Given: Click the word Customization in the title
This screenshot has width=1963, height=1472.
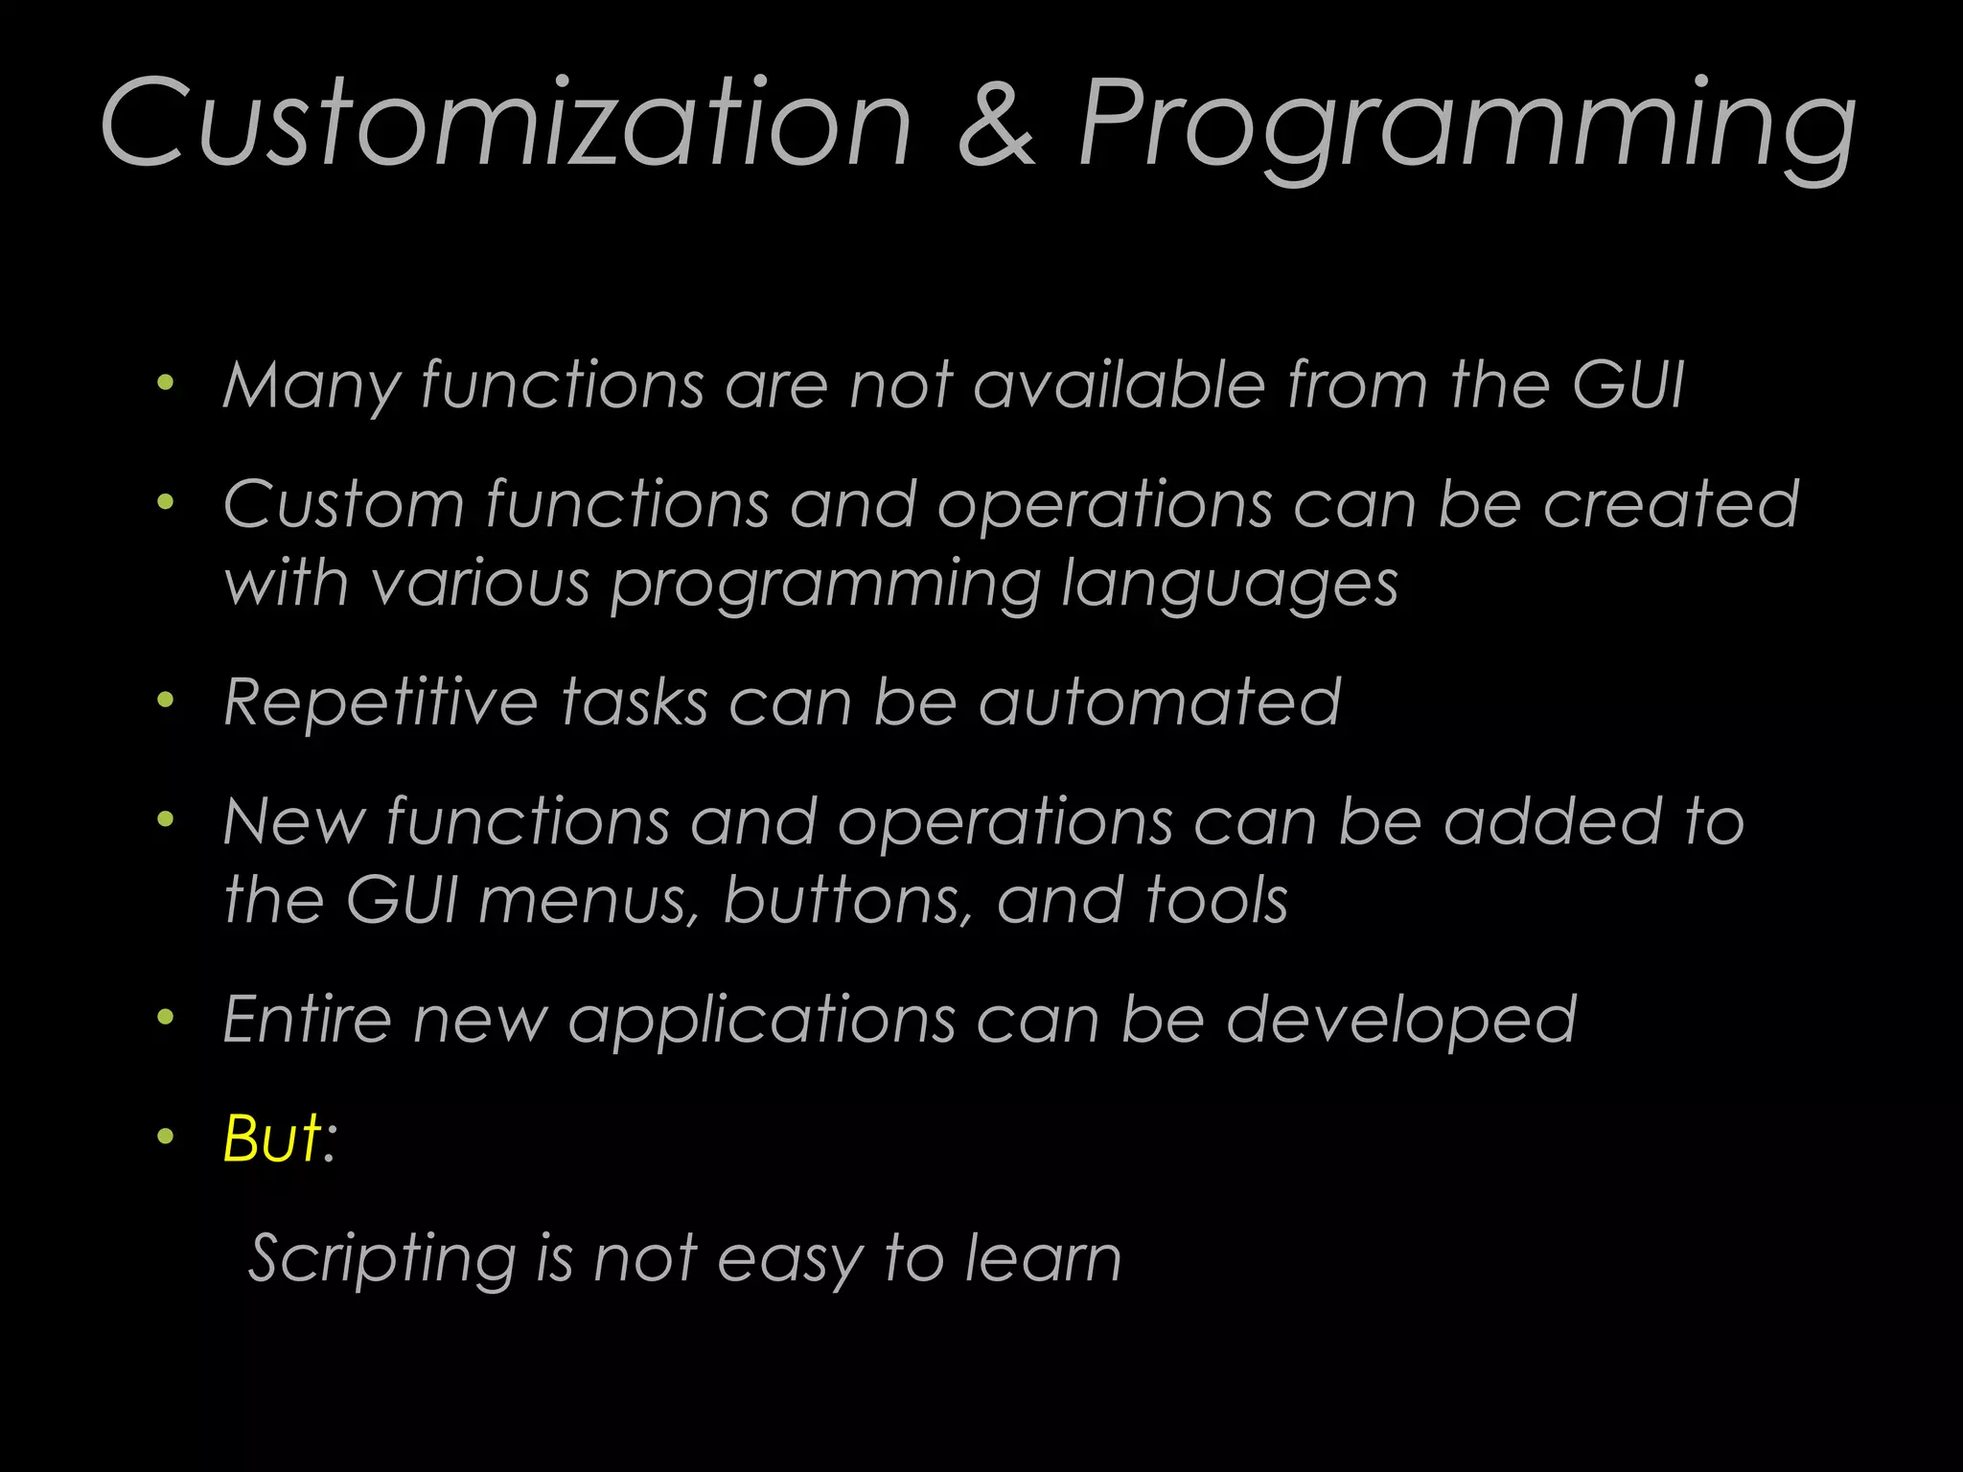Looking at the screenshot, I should click(x=505, y=125).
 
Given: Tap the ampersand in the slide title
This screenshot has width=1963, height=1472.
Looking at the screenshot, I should click(x=997, y=125).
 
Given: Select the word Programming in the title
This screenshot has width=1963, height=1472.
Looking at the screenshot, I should click(x=1466, y=129).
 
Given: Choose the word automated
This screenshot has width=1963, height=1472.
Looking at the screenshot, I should click(x=1160, y=702).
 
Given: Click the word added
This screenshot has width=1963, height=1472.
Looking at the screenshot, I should click(x=1553, y=822).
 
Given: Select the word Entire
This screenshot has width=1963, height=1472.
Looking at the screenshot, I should click(x=307, y=1019).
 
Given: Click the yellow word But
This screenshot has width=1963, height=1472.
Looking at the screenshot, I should click(x=271, y=1138).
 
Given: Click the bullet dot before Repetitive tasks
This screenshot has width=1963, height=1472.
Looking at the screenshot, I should click(x=166, y=701).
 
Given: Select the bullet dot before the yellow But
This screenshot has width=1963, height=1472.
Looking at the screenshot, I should click(x=166, y=1138).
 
